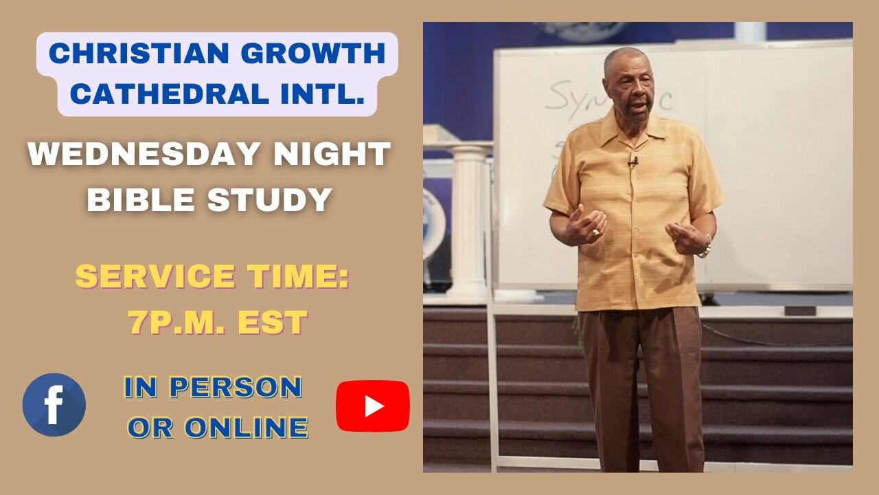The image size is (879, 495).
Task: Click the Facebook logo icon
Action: coord(54,405)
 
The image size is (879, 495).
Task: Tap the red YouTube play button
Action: coord(372,406)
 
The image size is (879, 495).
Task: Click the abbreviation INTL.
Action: coord(316,93)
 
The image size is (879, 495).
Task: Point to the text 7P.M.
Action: coord(176,323)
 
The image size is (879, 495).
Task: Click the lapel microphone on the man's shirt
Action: coord(633,162)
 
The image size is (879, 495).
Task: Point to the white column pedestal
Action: coord(467,220)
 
